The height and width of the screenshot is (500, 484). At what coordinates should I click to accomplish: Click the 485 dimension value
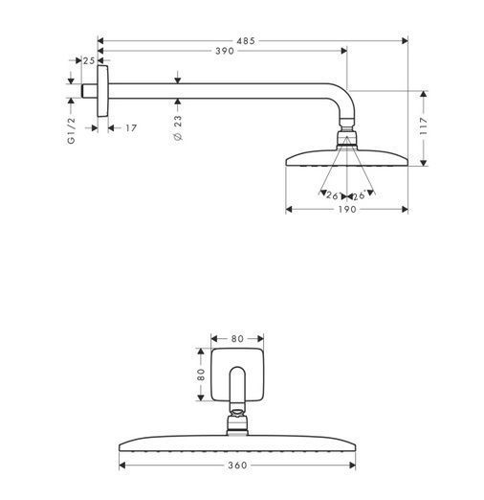click(x=246, y=41)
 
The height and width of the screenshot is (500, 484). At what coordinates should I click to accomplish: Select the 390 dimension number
click(x=225, y=51)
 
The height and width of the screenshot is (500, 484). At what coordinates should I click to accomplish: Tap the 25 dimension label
click(x=89, y=60)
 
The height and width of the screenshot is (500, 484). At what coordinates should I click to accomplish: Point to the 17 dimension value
click(x=131, y=128)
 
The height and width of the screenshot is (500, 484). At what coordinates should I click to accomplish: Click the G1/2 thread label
click(x=72, y=130)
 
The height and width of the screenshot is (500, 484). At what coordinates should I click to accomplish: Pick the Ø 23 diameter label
click(x=178, y=127)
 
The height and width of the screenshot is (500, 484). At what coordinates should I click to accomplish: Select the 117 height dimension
click(x=423, y=125)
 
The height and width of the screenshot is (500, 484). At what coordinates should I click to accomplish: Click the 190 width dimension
click(x=347, y=210)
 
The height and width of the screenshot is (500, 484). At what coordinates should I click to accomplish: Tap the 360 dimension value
click(x=237, y=466)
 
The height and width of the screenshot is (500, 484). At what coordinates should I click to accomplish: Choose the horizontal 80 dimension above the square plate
click(x=237, y=339)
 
